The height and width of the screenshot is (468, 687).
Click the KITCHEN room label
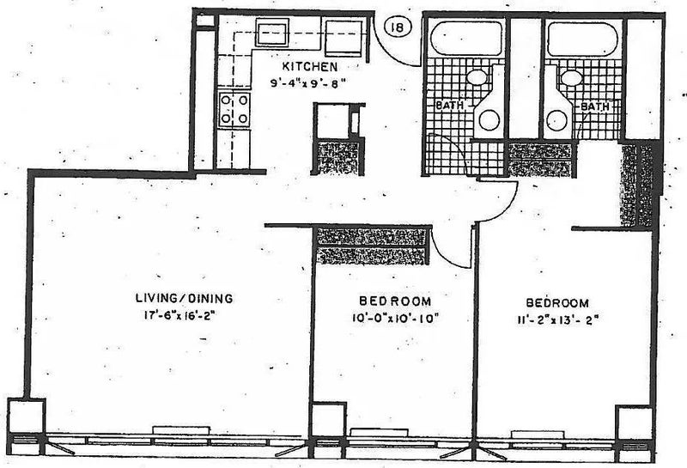pos(310,67)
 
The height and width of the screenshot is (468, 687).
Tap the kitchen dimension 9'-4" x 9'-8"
pos(305,82)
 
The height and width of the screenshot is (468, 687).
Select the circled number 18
pos(398,27)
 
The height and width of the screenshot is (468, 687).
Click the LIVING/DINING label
pos(184,299)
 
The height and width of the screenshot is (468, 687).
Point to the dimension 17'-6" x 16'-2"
pos(180,315)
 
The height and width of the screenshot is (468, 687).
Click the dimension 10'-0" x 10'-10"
pos(395,319)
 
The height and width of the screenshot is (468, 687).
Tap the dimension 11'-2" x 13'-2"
pos(557,320)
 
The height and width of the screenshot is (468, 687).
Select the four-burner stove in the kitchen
pos(234,110)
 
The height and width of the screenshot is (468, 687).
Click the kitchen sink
pos(272,33)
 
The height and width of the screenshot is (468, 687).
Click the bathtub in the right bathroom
pos(582,39)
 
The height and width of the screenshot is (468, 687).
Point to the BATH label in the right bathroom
pos(594,106)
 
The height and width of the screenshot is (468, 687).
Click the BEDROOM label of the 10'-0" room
pos(395,301)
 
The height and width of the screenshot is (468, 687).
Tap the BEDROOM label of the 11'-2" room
pos(557,303)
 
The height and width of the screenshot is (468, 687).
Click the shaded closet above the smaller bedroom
pos(371,246)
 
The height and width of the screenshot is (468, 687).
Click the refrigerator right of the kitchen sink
pos(343,37)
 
